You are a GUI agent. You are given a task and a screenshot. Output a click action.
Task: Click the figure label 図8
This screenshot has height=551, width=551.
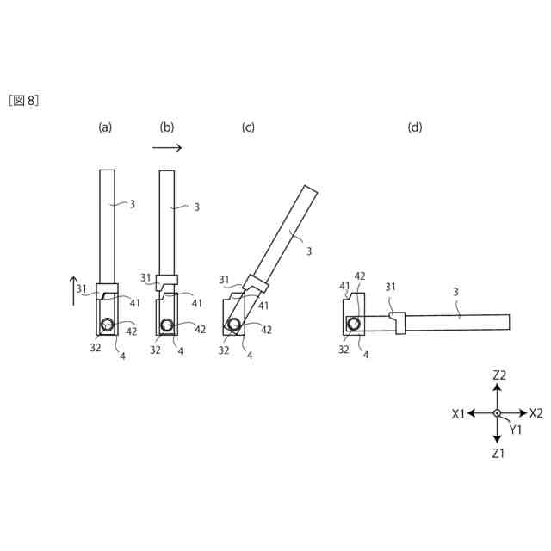click(x=23, y=101)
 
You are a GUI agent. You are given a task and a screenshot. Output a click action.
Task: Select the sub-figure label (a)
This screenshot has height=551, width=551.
click(x=105, y=127)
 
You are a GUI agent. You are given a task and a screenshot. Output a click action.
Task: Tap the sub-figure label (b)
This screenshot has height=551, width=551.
click(x=166, y=127)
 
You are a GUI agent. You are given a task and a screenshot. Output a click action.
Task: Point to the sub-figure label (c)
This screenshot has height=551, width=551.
click(x=248, y=127)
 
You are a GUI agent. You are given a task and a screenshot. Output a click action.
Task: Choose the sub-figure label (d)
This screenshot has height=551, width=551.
click(x=415, y=127)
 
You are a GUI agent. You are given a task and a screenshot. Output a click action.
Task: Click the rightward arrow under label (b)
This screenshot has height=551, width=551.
click(x=166, y=147)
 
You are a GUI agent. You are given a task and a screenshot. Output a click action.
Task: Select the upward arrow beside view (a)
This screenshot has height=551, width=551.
click(x=73, y=291)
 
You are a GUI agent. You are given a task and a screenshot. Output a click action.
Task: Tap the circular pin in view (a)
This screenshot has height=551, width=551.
click(x=107, y=325)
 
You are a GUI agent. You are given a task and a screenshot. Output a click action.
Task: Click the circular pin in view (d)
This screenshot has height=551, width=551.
click(x=354, y=325)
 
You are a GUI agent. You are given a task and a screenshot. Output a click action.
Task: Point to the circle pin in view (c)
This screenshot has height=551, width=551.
click(x=233, y=325)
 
